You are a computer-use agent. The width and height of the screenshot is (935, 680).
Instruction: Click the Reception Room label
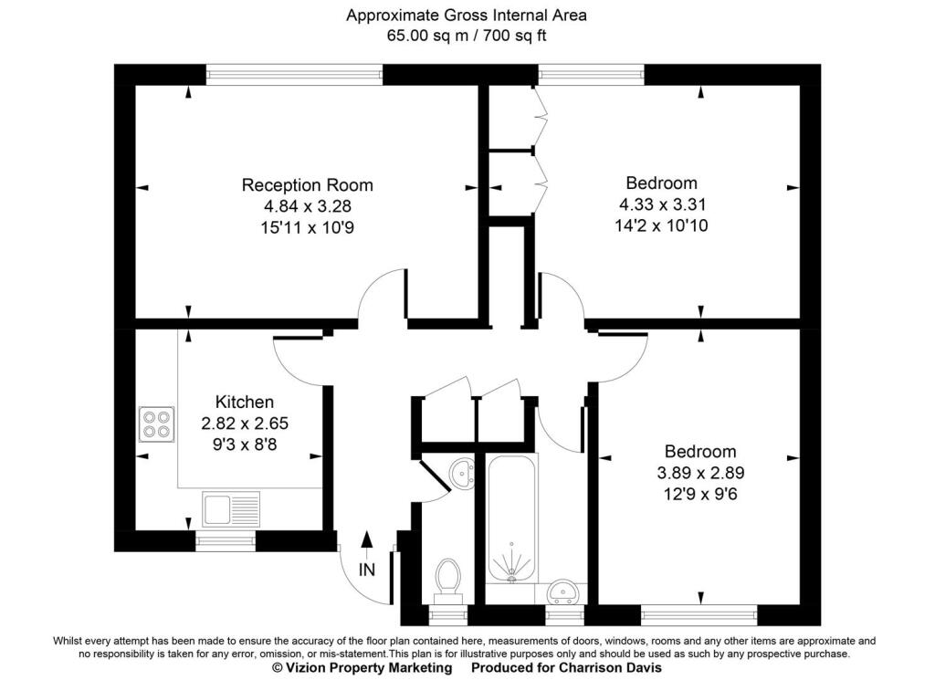click(x=307, y=184)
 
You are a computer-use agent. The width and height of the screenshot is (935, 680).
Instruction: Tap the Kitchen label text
click(x=244, y=402)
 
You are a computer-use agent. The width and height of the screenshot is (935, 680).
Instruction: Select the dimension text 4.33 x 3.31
click(x=661, y=204)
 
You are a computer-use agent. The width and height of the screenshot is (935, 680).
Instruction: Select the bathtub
click(x=512, y=518)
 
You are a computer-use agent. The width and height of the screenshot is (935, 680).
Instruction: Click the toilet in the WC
click(x=447, y=578)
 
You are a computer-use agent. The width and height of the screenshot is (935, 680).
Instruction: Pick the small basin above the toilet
click(x=463, y=473)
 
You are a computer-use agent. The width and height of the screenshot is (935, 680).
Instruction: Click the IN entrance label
click(x=367, y=570)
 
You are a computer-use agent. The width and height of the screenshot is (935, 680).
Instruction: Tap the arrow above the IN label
click(x=367, y=543)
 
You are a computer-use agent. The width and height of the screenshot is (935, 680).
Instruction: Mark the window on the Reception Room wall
click(x=294, y=75)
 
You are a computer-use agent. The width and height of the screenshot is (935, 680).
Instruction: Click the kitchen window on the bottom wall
click(x=226, y=541)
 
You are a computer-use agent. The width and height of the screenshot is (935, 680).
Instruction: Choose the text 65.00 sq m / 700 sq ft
click(x=467, y=36)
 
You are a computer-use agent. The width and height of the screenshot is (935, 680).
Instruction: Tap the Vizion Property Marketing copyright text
click(x=362, y=668)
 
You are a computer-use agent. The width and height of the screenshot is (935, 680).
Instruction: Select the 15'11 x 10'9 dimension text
click(x=307, y=227)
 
